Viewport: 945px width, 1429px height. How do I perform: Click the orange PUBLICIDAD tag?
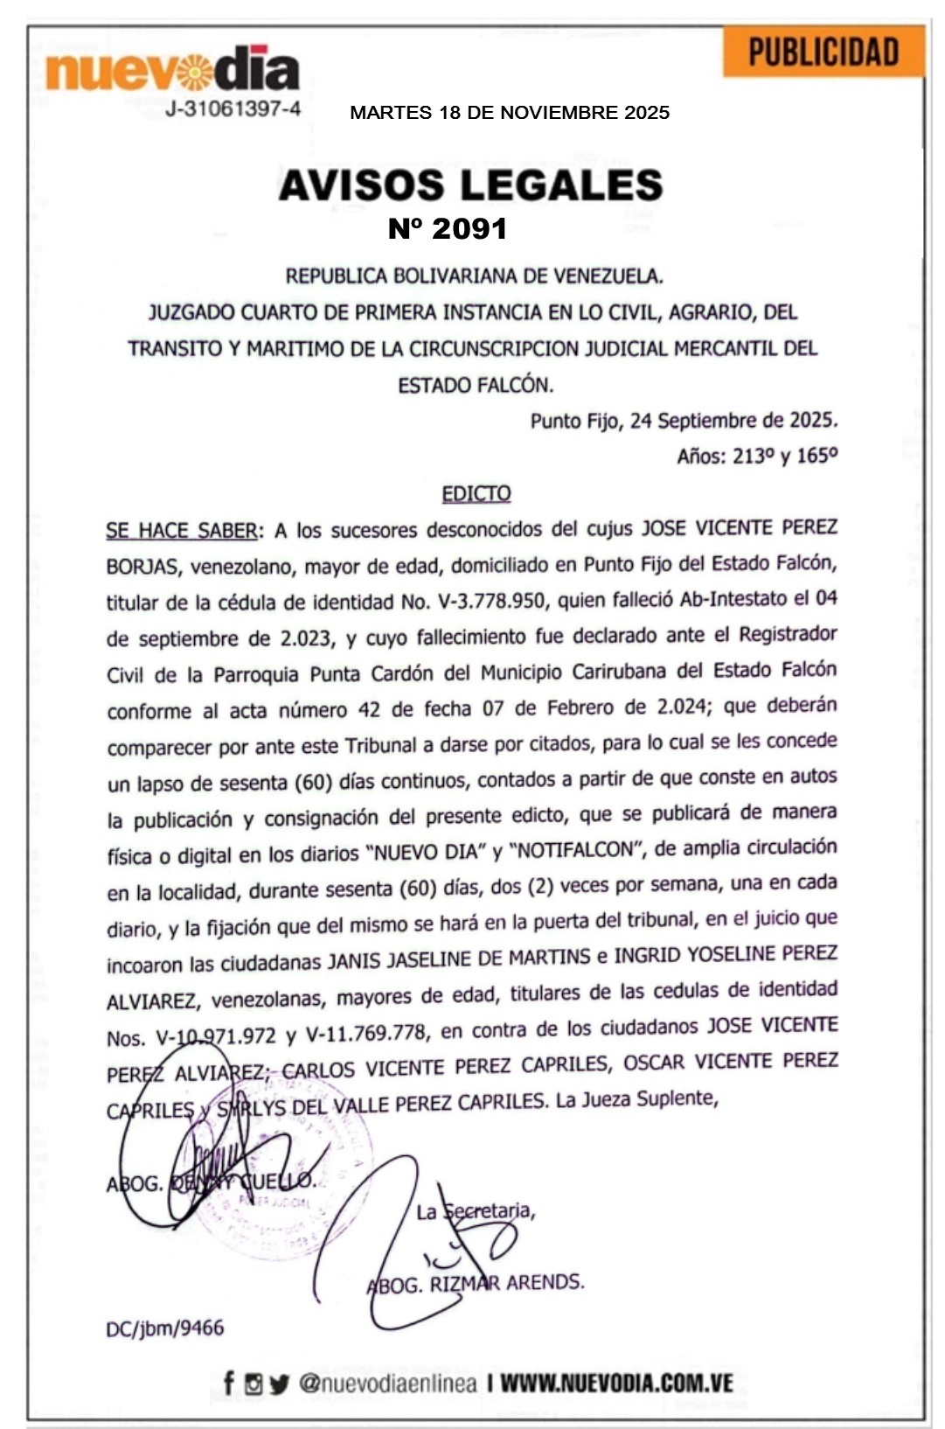click(823, 52)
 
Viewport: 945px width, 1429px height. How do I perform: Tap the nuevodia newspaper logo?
click(172, 71)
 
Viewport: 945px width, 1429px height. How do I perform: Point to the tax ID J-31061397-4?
click(233, 109)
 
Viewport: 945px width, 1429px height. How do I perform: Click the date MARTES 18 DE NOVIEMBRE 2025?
click(510, 113)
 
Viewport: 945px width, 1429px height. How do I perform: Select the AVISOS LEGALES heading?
click(471, 185)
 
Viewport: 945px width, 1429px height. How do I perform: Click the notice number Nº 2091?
click(448, 229)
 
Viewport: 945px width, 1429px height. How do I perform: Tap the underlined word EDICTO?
click(476, 494)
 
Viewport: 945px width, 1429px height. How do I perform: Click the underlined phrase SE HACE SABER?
click(182, 531)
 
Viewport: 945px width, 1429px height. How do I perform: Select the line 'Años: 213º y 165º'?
click(757, 457)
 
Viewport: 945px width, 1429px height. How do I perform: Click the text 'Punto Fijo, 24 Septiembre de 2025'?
click(684, 421)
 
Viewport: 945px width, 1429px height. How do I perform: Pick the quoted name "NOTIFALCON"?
click(577, 850)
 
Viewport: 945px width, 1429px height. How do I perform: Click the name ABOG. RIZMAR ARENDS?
click(476, 1284)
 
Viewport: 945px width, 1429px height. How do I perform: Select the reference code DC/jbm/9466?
click(165, 1328)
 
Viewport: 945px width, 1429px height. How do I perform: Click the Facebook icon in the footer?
click(229, 1384)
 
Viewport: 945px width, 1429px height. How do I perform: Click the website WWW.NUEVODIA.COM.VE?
click(616, 1384)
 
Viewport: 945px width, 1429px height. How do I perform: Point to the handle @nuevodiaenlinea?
click(388, 1384)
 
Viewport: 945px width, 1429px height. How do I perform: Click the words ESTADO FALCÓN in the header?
click(476, 385)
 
